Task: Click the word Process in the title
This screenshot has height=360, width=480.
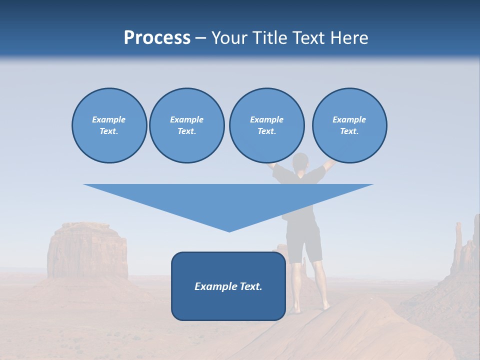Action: pos(157,38)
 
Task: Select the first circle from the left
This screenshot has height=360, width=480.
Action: pos(109,125)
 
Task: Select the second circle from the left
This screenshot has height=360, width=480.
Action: pos(186,125)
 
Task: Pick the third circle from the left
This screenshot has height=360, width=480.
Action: pos(266,125)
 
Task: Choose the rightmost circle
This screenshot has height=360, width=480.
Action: pos(349,125)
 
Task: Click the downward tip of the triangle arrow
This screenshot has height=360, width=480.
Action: pos(229,230)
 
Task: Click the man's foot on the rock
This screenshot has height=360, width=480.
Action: pos(325,306)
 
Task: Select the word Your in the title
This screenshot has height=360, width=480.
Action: pos(229,38)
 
